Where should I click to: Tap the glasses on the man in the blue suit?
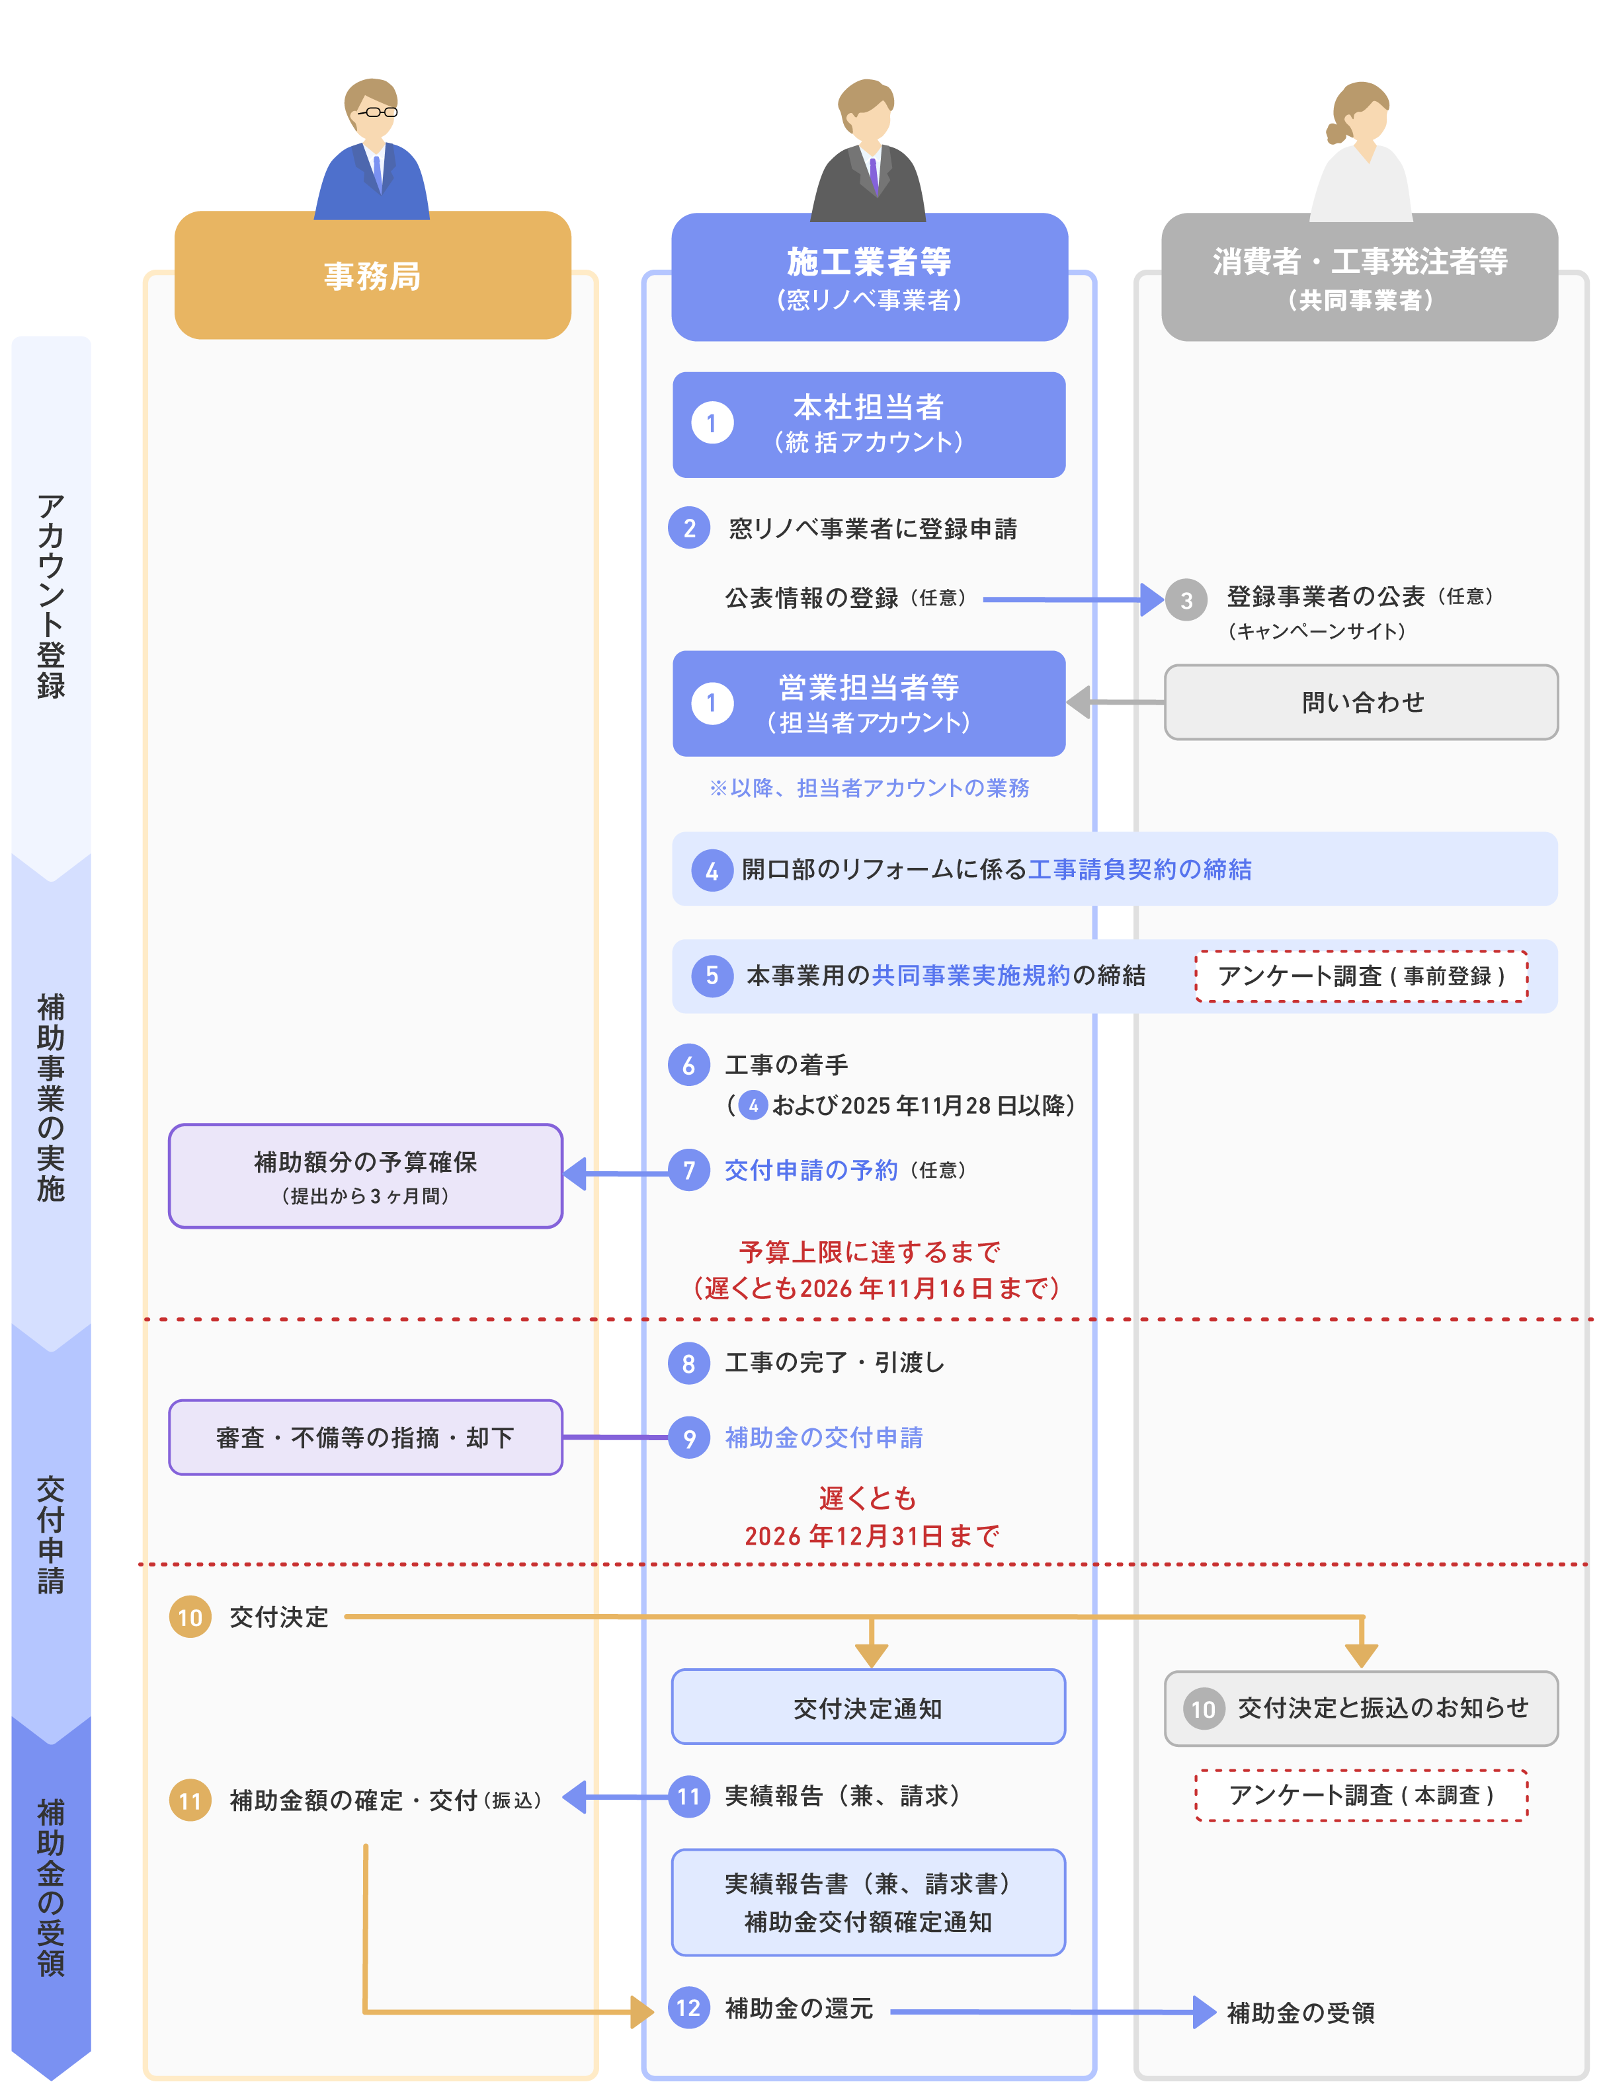376,112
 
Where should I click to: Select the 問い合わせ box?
1361,703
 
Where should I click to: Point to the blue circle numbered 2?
688,528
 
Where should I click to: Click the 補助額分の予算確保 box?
365,1175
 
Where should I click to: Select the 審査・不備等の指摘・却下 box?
365,1437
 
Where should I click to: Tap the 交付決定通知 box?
868,1707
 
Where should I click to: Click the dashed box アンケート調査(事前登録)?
1361,975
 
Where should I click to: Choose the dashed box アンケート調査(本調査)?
1361,1795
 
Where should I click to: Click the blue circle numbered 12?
688,2008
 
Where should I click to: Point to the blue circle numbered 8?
688,1363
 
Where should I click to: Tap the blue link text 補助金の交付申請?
824,1438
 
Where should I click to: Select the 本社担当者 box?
868,424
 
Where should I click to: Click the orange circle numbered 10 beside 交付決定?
190,1617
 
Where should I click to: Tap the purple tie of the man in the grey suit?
874,175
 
